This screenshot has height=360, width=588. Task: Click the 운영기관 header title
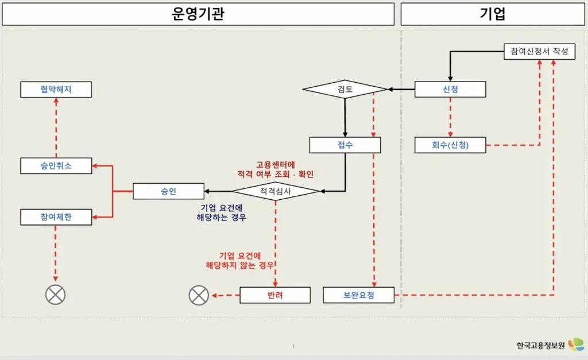tap(198, 14)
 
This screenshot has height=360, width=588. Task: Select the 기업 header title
tap(493, 14)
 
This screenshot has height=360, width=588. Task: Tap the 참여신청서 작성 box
tap(539, 52)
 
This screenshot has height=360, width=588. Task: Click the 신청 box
tap(450, 89)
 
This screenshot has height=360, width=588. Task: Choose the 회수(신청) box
tap(450, 145)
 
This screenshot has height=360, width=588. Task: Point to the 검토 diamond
tap(345, 89)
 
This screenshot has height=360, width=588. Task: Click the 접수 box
tap(345, 145)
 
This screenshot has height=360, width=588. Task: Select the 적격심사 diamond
tap(276, 191)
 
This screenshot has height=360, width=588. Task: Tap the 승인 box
tap(168, 191)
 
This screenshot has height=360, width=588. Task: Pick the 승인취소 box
tap(56, 166)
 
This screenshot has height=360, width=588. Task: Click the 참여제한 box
tap(56, 217)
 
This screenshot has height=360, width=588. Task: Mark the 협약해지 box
tap(56, 89)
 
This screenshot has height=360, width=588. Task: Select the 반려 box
tap(275, 295)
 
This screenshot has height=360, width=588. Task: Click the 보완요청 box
tap(359, 295)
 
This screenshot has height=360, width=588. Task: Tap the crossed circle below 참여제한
tap(56, 295)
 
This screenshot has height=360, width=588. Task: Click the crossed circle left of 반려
tap(199, 295)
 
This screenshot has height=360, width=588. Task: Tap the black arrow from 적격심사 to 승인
tap(219, 191)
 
